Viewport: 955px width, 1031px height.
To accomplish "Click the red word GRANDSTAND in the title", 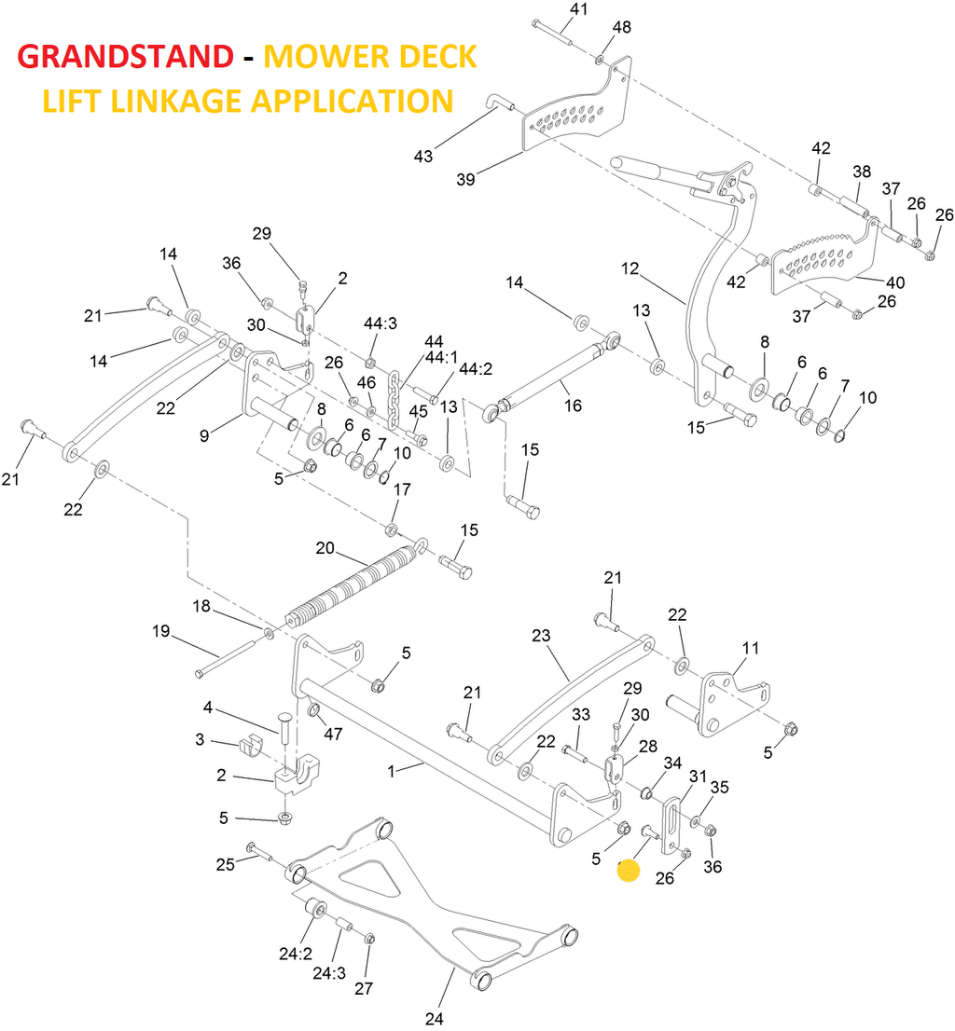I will pyautogui.click(x=125, y=57).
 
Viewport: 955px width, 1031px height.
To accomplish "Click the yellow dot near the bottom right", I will pyautogui.click(x=629, y=872).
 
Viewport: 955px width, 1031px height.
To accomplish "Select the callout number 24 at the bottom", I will pyautogui.click(x=435, y=1018).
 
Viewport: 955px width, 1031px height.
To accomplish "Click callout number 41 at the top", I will pyautogui.click(x=579, y=10).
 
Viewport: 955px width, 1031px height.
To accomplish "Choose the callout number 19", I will pyautogui.click(x=161, y=632).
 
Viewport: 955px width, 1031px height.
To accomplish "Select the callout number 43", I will pyautogui.click(x=423, y=157).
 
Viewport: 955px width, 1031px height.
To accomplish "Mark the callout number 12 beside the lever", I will pyautogui.click(x=630, y=268).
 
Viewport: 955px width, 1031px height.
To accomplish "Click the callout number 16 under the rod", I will pyautogui.click(x=573, y=406).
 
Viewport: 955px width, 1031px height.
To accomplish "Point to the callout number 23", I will pyautogui.click(x=542, y=636).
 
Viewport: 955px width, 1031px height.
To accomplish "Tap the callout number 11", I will pyautogui.click(x=751, y=648).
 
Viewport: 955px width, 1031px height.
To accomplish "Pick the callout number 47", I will pyautogui.click(x=333, y=734).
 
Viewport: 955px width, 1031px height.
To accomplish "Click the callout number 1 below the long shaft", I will pyautogui.click(x=393, y=771).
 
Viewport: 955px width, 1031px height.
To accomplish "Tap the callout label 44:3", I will pyautogui.click(x=381, y=323).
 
